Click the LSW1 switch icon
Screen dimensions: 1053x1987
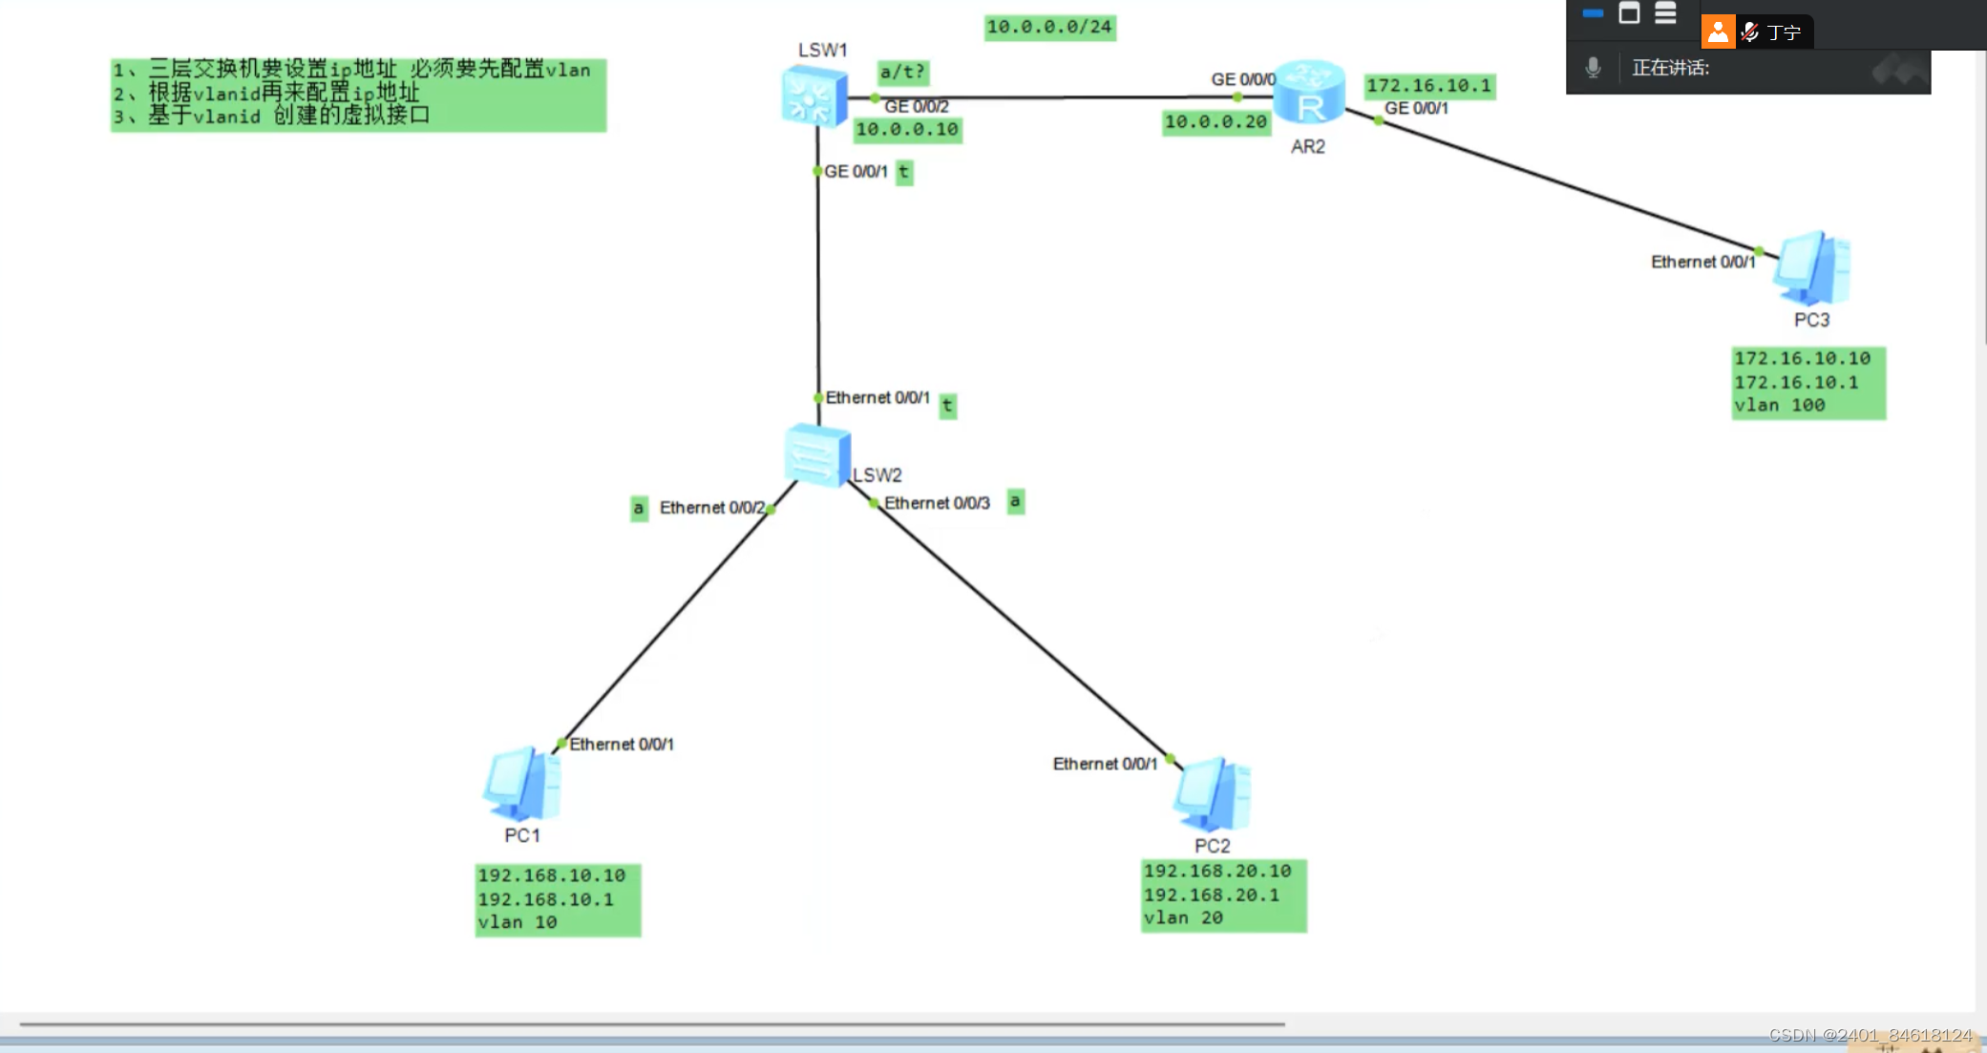click(x=814, y=96)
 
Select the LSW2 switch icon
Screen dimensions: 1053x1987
click(x=816, y=455)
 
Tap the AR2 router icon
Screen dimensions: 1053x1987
click(x=1309, y=94)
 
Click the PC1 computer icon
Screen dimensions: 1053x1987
click(x=521, y=785)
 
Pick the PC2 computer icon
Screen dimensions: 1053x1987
click(x=1212, y=794)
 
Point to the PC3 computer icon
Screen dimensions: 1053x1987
click(x=1811, y=269)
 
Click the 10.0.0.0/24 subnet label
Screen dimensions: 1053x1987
click(x=1049, y=27)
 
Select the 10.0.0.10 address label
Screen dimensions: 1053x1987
click(x=907, y=129)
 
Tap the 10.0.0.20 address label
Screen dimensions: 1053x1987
click(x=1215, y=121)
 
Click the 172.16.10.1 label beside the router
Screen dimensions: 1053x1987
click(x=1428, y=86)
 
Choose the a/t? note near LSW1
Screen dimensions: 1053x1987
click(x=902, y=72)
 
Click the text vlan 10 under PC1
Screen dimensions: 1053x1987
click(x=518, y=922)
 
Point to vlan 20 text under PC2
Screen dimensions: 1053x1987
click(x=1184, y=917)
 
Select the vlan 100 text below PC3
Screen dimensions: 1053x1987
click(x=1780, y=405)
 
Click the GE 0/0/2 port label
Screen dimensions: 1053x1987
click(x=917, y=106)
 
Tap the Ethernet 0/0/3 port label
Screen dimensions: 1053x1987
click(x=937, y=503)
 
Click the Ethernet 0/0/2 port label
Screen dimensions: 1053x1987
click(x=712, y=508)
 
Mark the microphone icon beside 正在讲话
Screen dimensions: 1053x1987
click(x=1593, y=68)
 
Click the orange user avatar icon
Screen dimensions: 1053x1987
click(x=1718, y=32)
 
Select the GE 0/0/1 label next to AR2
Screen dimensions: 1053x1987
click(x=1416, y=108)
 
